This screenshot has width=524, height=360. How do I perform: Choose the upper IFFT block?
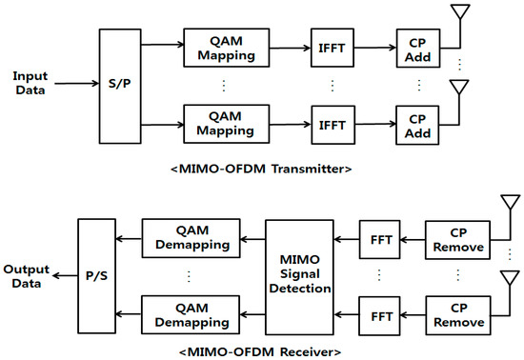[332, 48]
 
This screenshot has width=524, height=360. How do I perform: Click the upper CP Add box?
[416, 48]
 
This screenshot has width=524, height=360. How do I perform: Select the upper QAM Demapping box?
[191, 237]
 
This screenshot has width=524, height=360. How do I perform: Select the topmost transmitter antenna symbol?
[463, 14]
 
